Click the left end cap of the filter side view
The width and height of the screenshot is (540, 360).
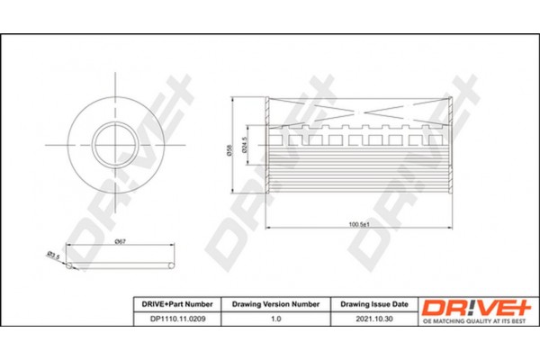tap(267, 146)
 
